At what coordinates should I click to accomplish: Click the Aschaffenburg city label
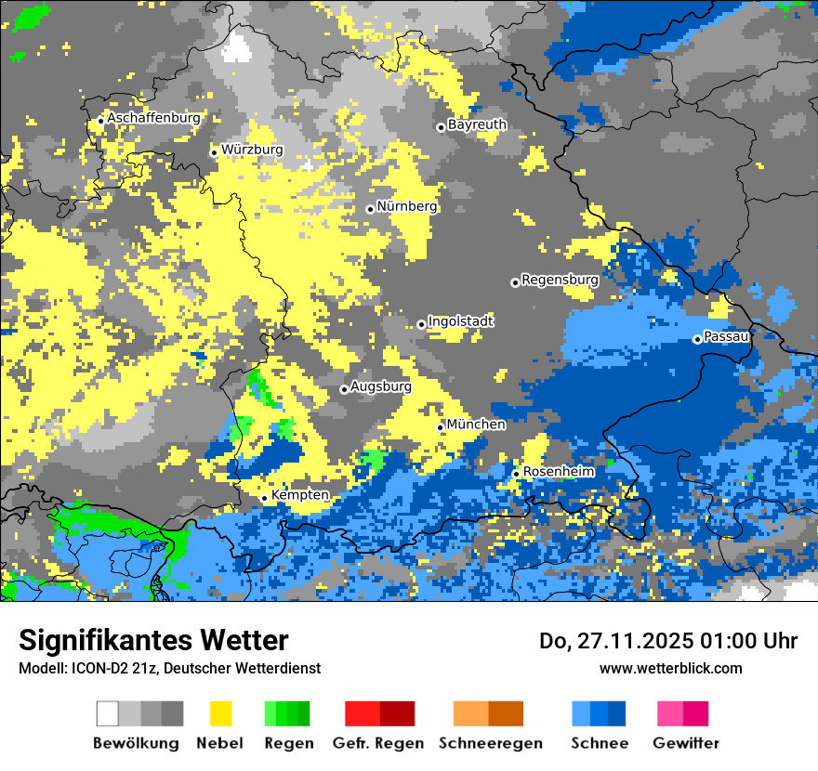click(153, 118)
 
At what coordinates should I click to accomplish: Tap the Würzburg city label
click(252, 150)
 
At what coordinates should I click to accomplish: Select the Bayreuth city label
click(477, 124)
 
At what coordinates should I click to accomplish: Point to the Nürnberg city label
click(407, 206)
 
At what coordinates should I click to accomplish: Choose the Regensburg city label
click(560, 280)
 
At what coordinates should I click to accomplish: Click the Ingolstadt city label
click(461, 321)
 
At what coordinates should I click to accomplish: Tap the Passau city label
click(727, 336)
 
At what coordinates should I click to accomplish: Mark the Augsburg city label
click(381, 386)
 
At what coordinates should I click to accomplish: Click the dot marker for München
click(441, 427)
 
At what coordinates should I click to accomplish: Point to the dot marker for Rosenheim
click(516, 475)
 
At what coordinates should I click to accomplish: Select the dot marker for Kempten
click(264, 498)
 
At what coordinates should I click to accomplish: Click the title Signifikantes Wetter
click(153, 640)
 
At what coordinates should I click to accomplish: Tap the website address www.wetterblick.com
click(671, 668)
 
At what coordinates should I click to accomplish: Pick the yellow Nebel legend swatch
click(220, 713)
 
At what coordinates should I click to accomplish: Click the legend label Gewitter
click(686, 743)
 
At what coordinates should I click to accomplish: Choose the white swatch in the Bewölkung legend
click(108, 713)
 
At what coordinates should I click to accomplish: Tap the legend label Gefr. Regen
click(378, 743)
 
